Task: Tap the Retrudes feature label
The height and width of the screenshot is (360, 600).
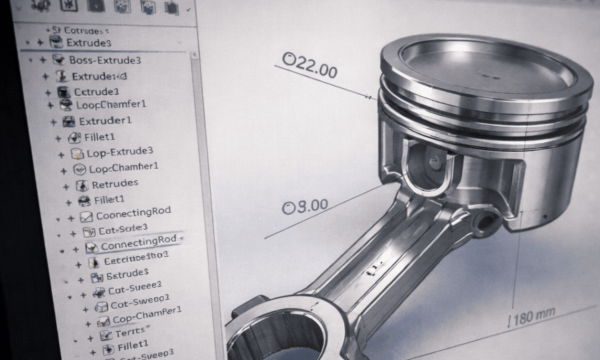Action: [115, 184]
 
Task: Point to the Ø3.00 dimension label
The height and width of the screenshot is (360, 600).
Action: [305, 206]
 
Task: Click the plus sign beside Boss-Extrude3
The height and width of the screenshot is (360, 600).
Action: [42, 60]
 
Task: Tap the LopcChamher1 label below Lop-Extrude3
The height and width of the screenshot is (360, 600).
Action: [123, 168]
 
